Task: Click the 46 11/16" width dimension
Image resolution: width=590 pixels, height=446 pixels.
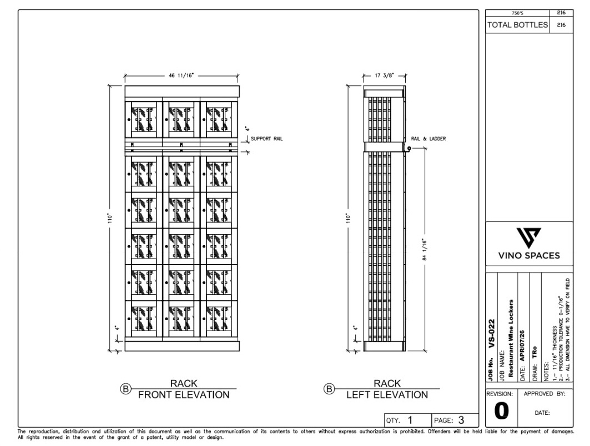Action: (181, 75)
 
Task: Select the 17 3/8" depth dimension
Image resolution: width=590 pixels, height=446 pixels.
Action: (384, 75)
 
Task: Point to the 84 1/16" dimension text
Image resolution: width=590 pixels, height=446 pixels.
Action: (425, 249)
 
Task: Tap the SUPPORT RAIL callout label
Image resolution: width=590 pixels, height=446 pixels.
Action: (267, 139)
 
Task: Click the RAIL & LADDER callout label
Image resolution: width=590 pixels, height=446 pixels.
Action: (428, 139)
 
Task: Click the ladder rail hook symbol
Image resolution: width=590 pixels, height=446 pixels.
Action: (409, 149)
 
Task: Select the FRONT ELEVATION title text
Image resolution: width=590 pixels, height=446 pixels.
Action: (184, 395)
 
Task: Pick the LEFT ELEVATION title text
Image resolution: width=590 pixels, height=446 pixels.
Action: (387, 395)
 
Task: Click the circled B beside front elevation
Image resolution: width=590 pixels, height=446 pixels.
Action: (125, 389)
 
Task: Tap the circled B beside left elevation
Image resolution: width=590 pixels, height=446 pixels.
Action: (329, 389)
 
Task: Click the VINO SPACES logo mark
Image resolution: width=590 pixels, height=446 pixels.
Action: (528, 237)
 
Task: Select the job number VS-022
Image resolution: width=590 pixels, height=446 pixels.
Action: (491, 333)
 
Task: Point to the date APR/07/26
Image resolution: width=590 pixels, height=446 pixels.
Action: (522, 346)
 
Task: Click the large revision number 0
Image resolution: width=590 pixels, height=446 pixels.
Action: (502, 411)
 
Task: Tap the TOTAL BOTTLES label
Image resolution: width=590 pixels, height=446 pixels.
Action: (517, 25)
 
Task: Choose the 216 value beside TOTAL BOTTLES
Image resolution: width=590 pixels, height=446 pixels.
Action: (561, 25)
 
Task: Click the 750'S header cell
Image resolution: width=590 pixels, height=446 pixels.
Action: (517, 13)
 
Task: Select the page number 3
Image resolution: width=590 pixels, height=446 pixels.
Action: (461, 420)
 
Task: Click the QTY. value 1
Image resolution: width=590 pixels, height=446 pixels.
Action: (410, 420)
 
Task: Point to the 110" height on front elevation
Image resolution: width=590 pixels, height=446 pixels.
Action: (110, 219)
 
